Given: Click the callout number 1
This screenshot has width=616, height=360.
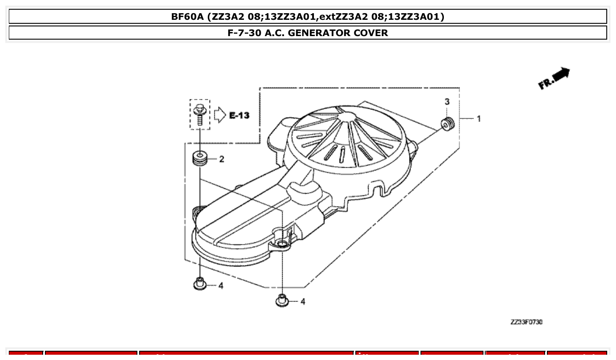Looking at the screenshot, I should pos(479,119).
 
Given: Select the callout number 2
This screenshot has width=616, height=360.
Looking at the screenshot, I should pos(221,159).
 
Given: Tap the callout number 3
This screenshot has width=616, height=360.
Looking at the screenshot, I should pos(447,102).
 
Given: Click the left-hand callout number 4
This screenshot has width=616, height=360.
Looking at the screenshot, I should pos(221,286).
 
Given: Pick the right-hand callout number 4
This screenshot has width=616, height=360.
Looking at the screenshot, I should pos(302,301).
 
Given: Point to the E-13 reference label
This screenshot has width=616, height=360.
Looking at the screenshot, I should pos(239,115).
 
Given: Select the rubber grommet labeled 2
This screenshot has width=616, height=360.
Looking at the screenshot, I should pos(200,158).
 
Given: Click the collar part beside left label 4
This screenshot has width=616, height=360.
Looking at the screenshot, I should pos(200,284).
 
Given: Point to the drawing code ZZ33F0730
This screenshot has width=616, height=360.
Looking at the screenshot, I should pos(526,323).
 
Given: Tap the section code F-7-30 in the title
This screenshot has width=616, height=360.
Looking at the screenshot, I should pos(244,33).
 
